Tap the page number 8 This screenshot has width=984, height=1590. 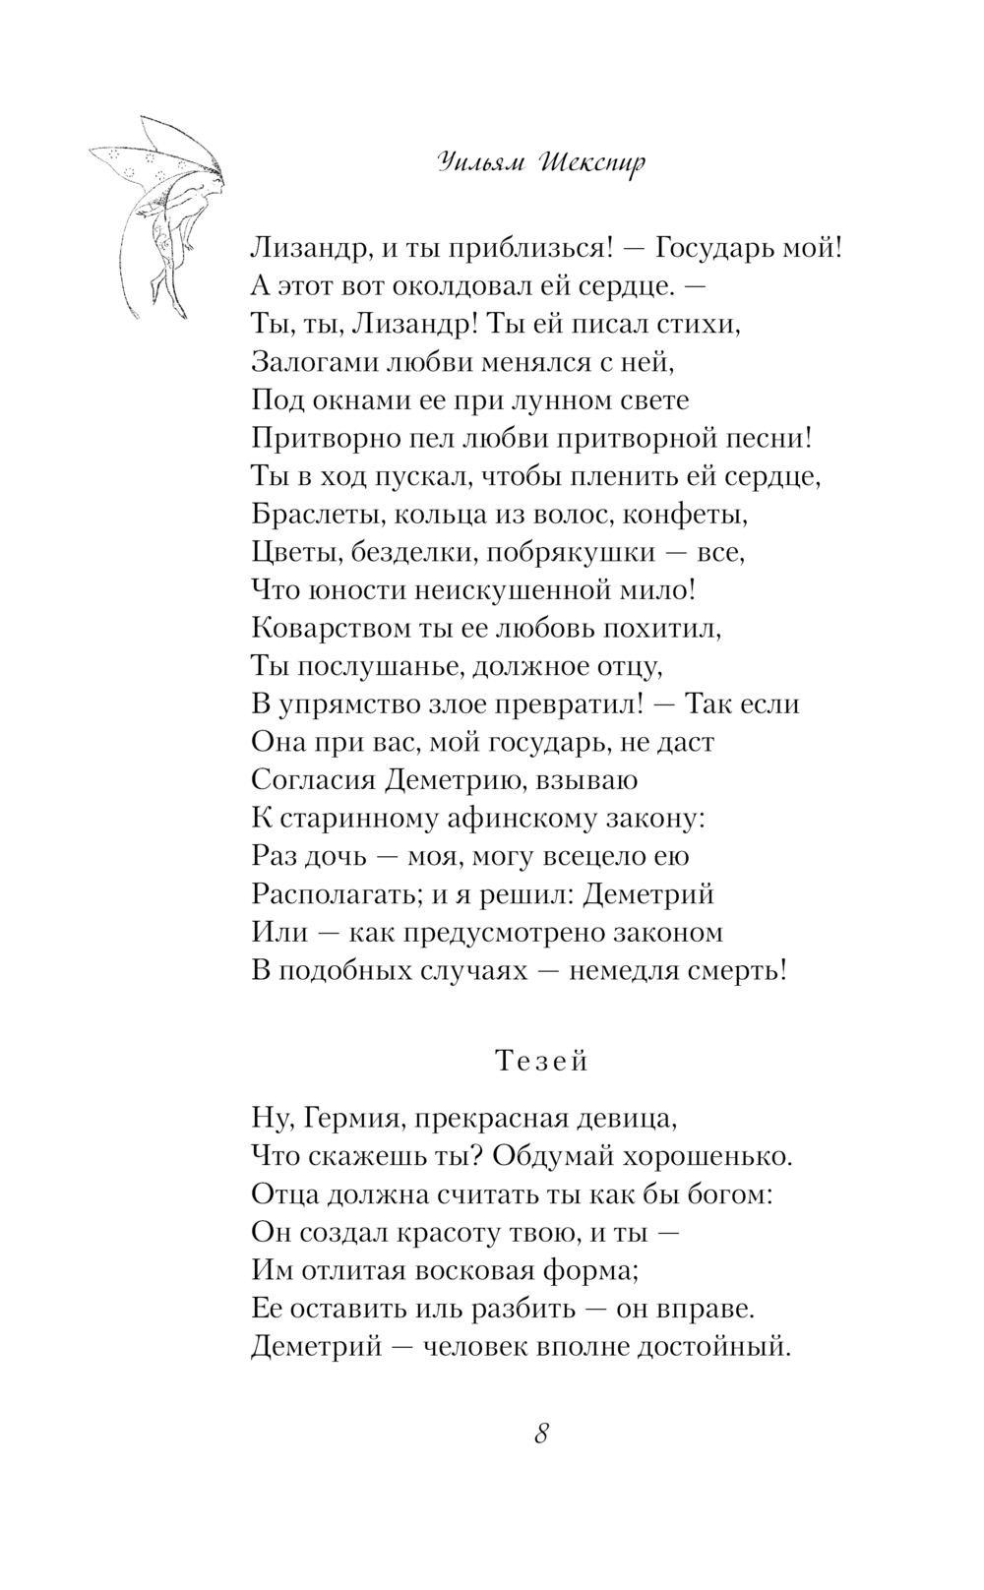[541, 1434]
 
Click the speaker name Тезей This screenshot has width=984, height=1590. [541, 1061]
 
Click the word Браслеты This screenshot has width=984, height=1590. [312, 514]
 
